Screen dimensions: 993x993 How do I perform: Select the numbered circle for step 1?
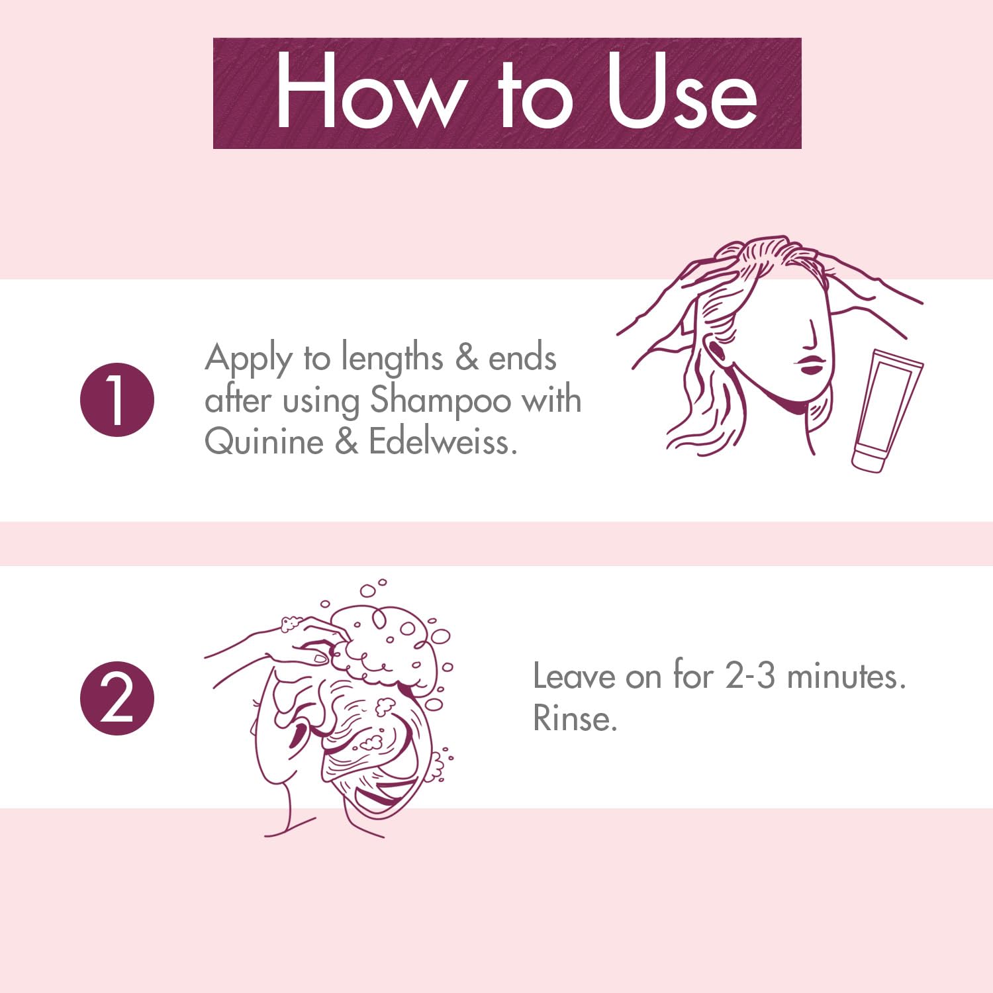point(117,400)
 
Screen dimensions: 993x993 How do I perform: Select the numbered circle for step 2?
point(117,698)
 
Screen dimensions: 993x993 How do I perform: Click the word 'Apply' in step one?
point(248,359)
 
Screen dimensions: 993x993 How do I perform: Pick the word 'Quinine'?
point(263,442)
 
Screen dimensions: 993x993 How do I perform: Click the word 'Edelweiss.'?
point(442,442)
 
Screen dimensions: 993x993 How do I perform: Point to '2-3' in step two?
point(749,677)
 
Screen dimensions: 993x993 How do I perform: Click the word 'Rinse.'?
point(575,718)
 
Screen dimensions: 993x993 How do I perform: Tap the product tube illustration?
point(886,410)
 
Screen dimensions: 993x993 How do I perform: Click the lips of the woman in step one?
point(809,365)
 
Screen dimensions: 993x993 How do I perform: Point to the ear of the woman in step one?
point(718,351)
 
